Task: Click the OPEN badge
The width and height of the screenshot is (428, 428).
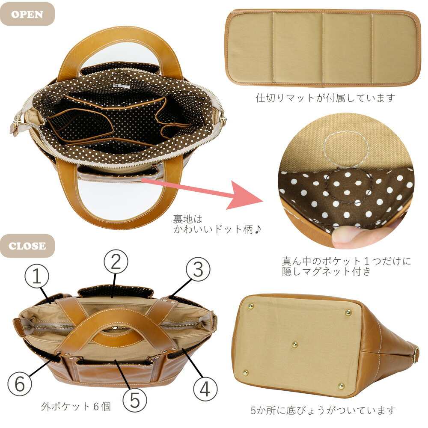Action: pyautogui.click(x=27, y=14)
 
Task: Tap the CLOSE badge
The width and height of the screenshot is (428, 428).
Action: pyautogui.click(x=27, y=246)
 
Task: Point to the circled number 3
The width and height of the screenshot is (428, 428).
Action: pyautogui.click(x=198, y=270)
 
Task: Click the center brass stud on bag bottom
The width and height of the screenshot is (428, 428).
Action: pyautogui.click(x=294, y=345)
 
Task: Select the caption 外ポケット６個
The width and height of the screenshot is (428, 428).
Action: pyautogui.click(x=76, y=406)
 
